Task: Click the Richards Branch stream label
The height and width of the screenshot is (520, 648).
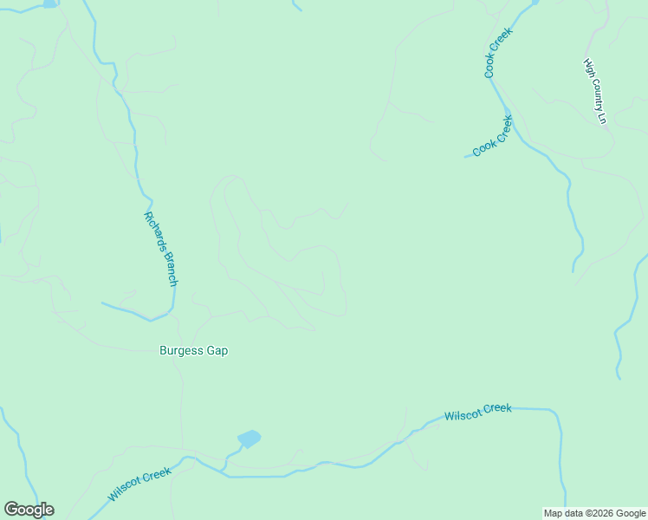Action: [x=161, y=249]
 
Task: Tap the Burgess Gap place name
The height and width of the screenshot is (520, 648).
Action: [x=193, y=351]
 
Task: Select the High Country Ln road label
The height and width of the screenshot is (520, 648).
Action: [x=595, y=91]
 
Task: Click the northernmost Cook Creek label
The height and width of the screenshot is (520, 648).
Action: [x=499, y=53]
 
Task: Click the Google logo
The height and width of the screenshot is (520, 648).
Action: [x=29, y=510]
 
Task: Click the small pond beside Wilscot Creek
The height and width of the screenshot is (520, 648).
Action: [x=249, y=439]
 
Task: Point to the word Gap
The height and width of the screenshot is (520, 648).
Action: [x=217, y=351]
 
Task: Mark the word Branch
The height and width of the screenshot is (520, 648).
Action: [x=170, y=270]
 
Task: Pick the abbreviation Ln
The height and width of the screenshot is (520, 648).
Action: [x=602, y=117]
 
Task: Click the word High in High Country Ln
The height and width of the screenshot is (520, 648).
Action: [x=589, y=66]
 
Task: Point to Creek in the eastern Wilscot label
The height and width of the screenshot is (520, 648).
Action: [x=498, y=409]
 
